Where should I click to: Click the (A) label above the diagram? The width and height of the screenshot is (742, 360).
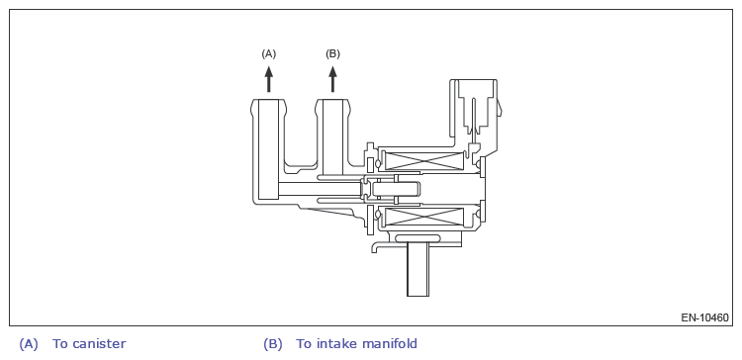[268, 54]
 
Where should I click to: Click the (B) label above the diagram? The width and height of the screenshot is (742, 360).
[332, 54]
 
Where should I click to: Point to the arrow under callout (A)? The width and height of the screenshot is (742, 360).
[269, 79]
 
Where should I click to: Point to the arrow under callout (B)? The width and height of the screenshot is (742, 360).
[332, 79]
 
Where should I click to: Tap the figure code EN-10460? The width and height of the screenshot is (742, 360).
[704, 317]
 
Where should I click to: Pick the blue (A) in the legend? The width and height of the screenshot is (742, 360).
[29, 344]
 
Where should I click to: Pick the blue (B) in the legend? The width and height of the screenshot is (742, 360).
[273, 344]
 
